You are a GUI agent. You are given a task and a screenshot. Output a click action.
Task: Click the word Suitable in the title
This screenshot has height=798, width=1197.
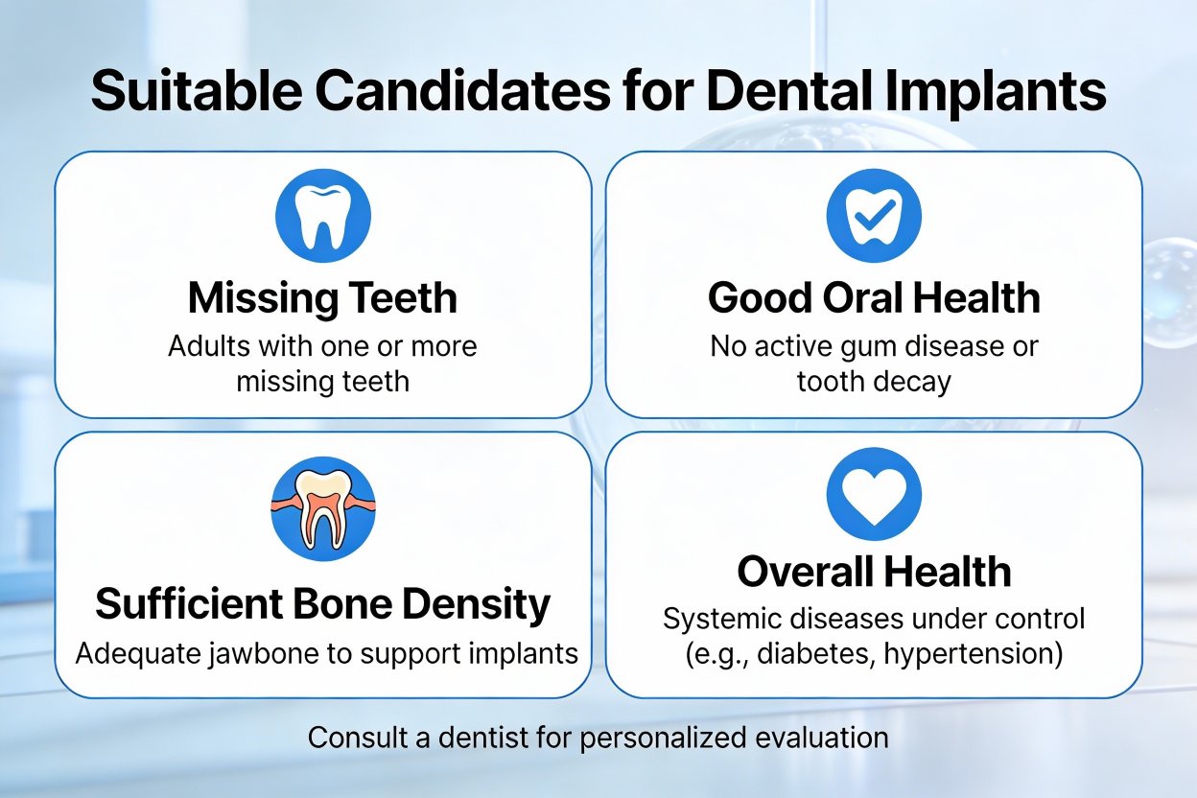(x=197, y=90)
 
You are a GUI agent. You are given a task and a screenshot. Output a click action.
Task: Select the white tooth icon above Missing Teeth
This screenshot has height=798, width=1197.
(x=323, y=216)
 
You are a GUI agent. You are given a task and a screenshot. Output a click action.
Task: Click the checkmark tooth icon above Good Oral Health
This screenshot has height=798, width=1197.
(x=874, y=216)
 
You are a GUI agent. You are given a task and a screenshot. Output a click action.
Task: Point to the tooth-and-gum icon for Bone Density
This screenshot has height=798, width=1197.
(x=323, y=509)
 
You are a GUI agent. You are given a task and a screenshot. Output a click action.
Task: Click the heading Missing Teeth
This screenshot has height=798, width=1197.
(x=323, y=299)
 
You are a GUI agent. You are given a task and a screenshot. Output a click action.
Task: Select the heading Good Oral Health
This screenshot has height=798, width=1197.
(x=874, y=297)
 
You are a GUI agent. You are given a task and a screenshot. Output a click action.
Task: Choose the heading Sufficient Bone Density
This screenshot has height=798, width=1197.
(x=323, y=604)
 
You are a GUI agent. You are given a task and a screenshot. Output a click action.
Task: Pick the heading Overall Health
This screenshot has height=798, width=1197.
(x=874, y=572)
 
